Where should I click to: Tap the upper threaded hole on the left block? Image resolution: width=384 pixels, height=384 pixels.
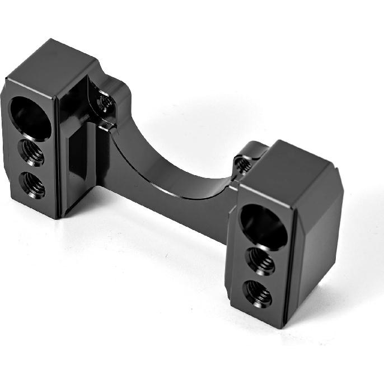(32, 152)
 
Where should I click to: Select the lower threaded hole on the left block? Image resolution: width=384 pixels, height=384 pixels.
(34, 185)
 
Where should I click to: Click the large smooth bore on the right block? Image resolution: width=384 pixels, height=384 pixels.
(263, 226)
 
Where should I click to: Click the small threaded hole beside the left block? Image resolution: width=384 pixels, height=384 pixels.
(105, 103)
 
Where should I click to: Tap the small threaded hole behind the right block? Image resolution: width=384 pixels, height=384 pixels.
(242, 164)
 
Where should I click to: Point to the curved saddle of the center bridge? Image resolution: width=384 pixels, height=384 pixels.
(168, 162)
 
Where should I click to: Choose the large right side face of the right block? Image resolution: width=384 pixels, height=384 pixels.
(316, 246)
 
